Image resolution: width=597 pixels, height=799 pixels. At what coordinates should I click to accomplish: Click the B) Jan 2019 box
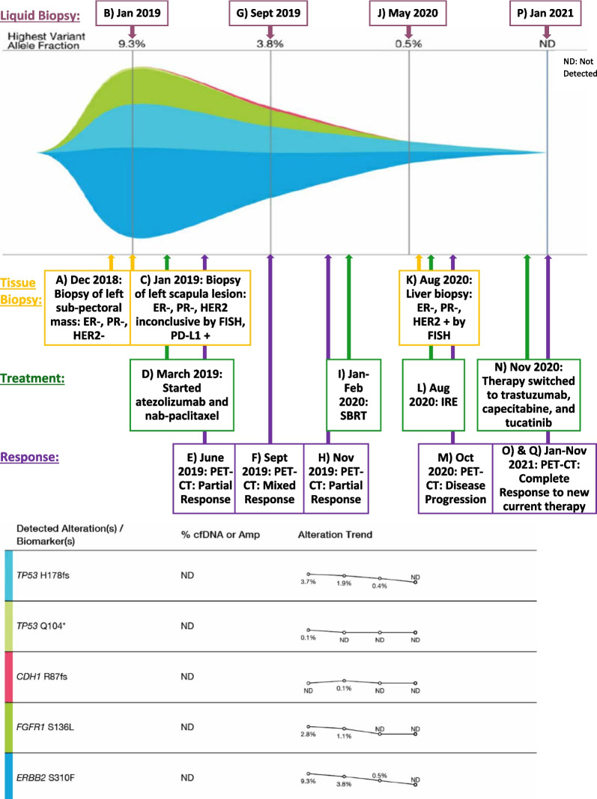[x=132, y=13]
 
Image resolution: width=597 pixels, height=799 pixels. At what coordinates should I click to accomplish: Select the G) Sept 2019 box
[x=269, y=13]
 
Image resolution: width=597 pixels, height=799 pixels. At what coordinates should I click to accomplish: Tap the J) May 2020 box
[x=408, y=13]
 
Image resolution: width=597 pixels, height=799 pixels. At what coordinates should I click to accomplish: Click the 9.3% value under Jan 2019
[x=132, y=43]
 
